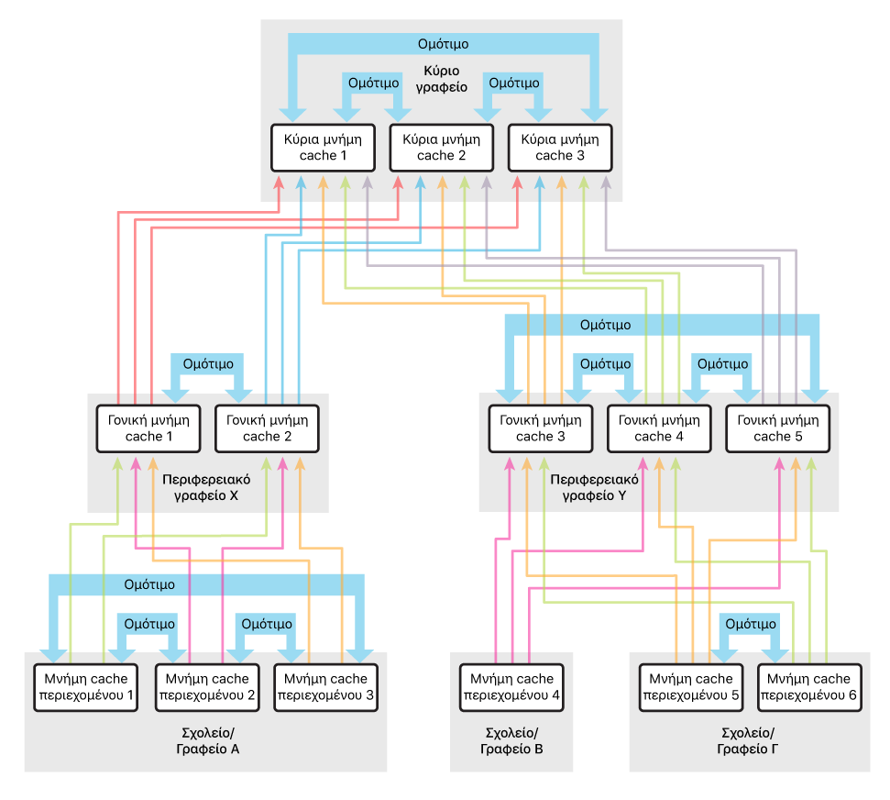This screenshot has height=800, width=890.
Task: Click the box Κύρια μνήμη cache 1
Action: [324, 148]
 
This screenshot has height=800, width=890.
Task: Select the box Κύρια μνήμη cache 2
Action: [442, 148]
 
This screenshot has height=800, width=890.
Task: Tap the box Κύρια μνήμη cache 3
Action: [559, 148]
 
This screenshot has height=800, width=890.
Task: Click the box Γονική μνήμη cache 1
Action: [148, 428]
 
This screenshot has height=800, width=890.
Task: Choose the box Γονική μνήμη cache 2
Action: [267, 428]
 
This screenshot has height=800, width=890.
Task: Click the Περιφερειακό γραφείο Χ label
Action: [207, 487]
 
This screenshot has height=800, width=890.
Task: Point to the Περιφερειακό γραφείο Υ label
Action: [593, 487]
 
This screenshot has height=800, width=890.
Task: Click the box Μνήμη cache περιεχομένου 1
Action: [84, 687]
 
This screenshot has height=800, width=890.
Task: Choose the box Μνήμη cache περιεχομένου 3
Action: [325, 687]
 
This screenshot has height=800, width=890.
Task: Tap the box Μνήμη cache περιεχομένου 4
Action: [511, 687]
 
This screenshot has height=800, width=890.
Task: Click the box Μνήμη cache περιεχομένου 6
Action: [810, 687]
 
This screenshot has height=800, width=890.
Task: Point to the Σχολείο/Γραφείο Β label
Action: [511, 741]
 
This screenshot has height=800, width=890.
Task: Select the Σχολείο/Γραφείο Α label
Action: [207, 741]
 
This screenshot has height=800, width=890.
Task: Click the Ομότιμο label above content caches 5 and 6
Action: [751, 624]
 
